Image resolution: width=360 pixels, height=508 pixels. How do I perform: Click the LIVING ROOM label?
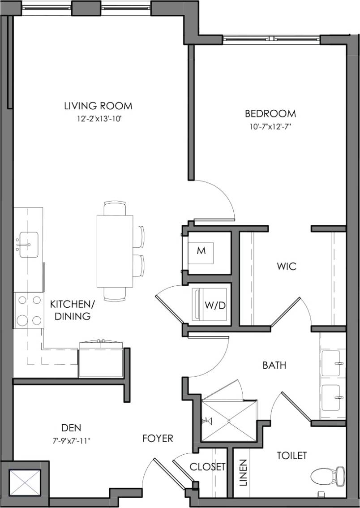[98, 106]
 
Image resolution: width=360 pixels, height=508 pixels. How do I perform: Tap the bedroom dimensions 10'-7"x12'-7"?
[270, 126]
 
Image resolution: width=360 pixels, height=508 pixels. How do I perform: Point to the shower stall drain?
[229, 421]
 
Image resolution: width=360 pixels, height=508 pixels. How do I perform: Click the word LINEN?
[243, 473]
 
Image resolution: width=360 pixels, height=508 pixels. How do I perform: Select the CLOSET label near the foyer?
[207, 467]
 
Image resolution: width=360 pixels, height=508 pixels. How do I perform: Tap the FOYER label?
[158, 438]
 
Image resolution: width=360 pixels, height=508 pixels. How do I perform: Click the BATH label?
[274, 366]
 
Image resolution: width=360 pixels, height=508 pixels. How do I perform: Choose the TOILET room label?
[292, 456]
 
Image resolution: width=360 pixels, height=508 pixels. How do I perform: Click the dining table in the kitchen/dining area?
[115, 251]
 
